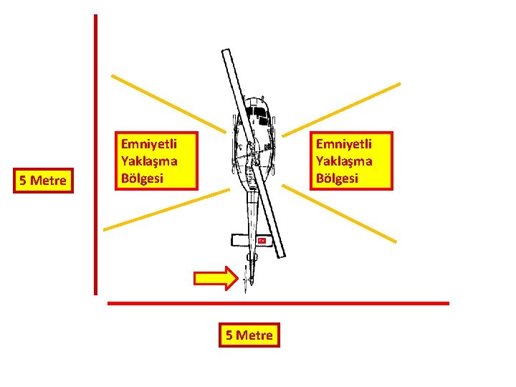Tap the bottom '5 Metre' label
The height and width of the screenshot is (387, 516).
[249, 335]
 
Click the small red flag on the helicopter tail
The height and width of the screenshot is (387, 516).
[262, 241]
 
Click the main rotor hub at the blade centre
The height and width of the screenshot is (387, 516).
[252, 153]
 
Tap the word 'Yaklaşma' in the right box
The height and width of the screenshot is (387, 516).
[345, 161]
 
